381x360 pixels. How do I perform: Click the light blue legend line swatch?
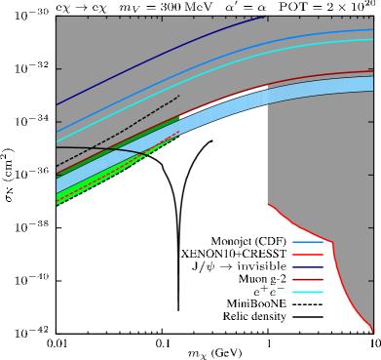click(x=307, y=242)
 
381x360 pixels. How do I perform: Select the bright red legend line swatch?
click(x=307, y=255)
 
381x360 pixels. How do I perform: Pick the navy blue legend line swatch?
click(x=307, y=267)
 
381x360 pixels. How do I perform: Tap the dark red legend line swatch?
click(x=307, y=280)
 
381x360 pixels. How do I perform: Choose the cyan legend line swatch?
click(x=307, y=292)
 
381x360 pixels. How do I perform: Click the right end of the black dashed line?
click(x=179, y=96)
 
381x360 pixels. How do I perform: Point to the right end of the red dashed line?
click(x=179, y=132)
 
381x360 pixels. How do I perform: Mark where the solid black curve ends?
click(x=148, y=156)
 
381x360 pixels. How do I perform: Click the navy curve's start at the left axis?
click(x=57, y=104)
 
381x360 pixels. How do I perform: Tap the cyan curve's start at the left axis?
click(x=57, y=142)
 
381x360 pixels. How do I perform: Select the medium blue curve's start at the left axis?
click(x=57, y=133)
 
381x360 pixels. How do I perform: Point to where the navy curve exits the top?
click(x=265, y=17)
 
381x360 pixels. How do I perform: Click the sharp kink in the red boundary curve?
click(x=332, y=243)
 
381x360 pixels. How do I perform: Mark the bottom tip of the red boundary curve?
click(x=372, y=332)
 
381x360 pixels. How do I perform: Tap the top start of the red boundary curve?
click(x=268, y=204)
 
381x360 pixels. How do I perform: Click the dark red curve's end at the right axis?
click(x=372, y=71)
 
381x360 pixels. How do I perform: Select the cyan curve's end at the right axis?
click(x=372, y=40)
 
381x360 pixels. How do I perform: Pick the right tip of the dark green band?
click(x=179, y=117)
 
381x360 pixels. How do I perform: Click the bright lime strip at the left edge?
click(x=58, y=197)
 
